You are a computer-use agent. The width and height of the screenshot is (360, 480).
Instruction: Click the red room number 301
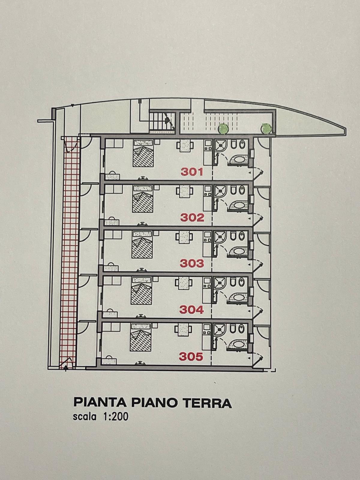pos(192,172)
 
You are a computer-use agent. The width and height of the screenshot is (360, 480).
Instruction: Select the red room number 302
pos(192,217)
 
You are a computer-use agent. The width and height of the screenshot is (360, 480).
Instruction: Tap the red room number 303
pos(192,263)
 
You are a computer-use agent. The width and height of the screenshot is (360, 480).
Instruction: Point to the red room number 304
pos(191,310)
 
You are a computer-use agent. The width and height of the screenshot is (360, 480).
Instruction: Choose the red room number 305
pos(191,357)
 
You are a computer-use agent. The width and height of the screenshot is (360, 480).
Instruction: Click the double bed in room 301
pos(143,154)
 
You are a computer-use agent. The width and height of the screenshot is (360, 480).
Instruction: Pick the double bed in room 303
pos(142,245)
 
